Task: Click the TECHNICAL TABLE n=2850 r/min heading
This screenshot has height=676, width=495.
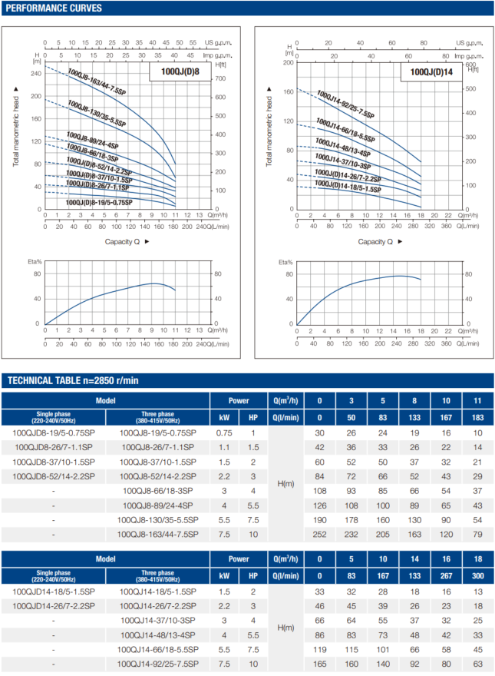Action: [x=73, y=380]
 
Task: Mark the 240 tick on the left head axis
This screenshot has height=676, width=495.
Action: [x=35, y=74]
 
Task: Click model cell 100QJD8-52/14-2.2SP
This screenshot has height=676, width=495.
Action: [x=54, y=476]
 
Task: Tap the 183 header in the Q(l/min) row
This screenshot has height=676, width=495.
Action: [x=477, y=418]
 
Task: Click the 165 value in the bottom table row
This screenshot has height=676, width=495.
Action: [x=320, y=663]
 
